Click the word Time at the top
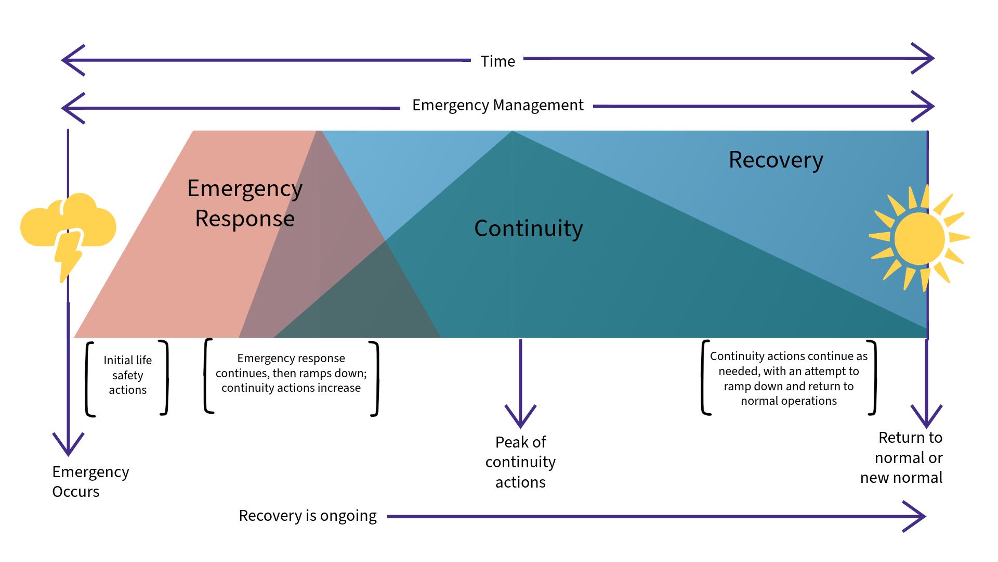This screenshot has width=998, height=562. click(x=497, y=61)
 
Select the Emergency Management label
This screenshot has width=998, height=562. click(x=497, y=105)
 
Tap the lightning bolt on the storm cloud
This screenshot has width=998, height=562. click(x=68, y=254)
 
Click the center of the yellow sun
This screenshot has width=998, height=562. click(x=919, y=238)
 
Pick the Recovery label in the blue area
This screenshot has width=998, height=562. click(x=776, y=160)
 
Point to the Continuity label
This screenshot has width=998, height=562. click(x=528, y=228)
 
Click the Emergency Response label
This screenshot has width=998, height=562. click(x=244, y=203)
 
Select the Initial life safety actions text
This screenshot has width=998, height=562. click(x=127, y=375)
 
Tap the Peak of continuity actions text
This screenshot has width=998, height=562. click(x=520, y=462)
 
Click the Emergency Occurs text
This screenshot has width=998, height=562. click(x=90, y=481)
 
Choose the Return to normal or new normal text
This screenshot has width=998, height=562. click(x=902, y=457)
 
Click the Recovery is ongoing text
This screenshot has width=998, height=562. click(x=307, y=516)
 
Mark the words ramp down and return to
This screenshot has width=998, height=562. click(x=789, y=386)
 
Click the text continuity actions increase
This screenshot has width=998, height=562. click(x=291, y=388)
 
